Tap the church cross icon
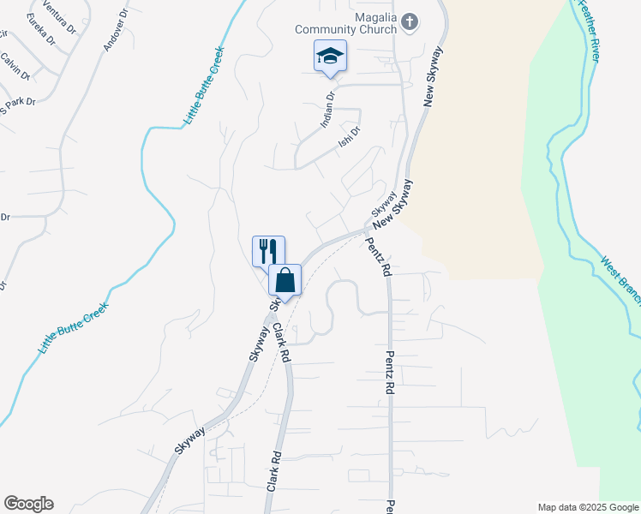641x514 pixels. (410, 22)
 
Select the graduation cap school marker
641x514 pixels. (330, 57)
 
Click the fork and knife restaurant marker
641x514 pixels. (268, 251)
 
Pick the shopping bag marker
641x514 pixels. (285, 279)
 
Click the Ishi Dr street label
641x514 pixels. (350, 136)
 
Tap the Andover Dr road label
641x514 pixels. (115, 31)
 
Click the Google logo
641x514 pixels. (28, 504)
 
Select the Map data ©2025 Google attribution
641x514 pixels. (587, 507)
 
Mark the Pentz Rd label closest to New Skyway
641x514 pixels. (383, 258)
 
